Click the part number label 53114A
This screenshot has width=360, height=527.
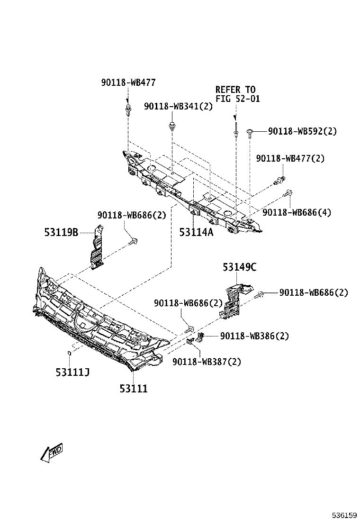(196, 232)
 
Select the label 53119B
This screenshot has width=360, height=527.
(61, 232)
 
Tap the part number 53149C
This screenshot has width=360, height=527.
(240, 267)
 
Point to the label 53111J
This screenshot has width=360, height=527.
(72, 372)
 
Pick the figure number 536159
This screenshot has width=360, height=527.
(343, 515)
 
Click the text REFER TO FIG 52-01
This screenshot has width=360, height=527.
(235, 94)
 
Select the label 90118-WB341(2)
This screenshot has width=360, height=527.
(179, 107)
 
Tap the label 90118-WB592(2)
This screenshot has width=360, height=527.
(302, 131)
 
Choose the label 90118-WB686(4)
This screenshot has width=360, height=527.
(297, 213)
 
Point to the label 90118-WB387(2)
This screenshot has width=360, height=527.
(207, 362)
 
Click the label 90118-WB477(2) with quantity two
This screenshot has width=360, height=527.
(290, 158)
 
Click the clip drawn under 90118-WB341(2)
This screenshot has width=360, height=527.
(171, 127)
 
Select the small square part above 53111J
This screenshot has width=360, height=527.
(69, 352)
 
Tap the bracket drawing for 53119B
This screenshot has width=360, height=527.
(97, 249)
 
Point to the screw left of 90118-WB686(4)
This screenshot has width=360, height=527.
(288, 194)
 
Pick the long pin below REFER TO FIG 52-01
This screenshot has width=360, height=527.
(235, 127)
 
